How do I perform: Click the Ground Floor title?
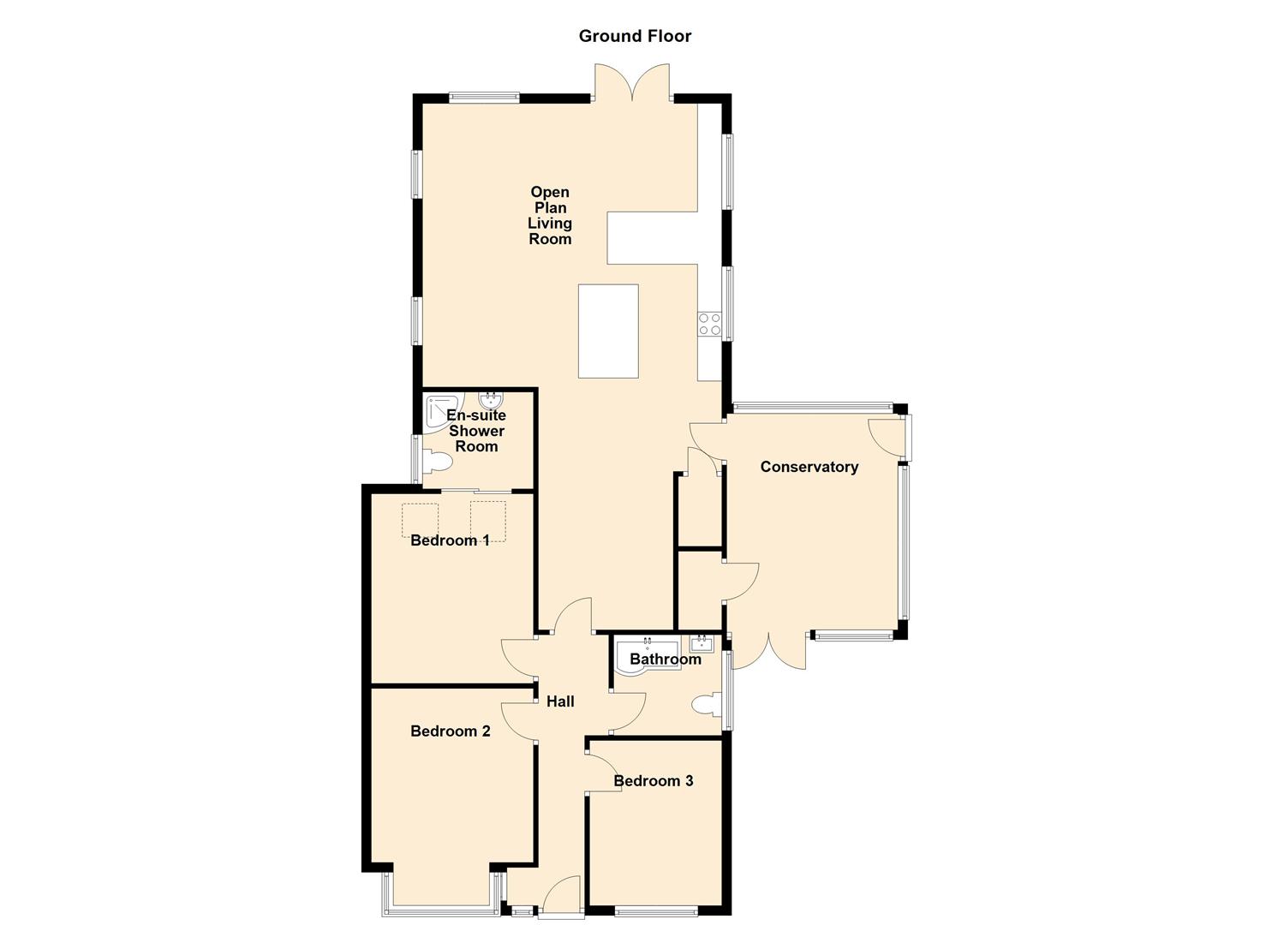click(x=635, y=36)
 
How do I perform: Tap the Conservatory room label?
click(x=809, y=467)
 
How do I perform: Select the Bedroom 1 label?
click(x=450, y=540)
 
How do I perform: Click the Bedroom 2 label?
click(x=451, y=731)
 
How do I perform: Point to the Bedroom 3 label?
click(x=654, y=781)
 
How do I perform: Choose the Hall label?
click(x=560, y=701)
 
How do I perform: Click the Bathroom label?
click(x=666, y=659)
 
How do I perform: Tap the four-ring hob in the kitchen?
click(x=710, y=325)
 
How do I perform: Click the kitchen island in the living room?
click(x=608, y=331)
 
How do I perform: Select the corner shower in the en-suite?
click(x=442, y=414)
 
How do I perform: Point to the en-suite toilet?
click(x=437, y=462)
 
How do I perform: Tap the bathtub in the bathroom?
click(x=648, y=658)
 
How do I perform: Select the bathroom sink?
click(x=702, y=644)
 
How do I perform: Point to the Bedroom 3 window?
click(x=656, y=912)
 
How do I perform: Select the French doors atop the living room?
click(x=633, y=81)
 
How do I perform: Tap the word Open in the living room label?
click(x=550, y=193)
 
